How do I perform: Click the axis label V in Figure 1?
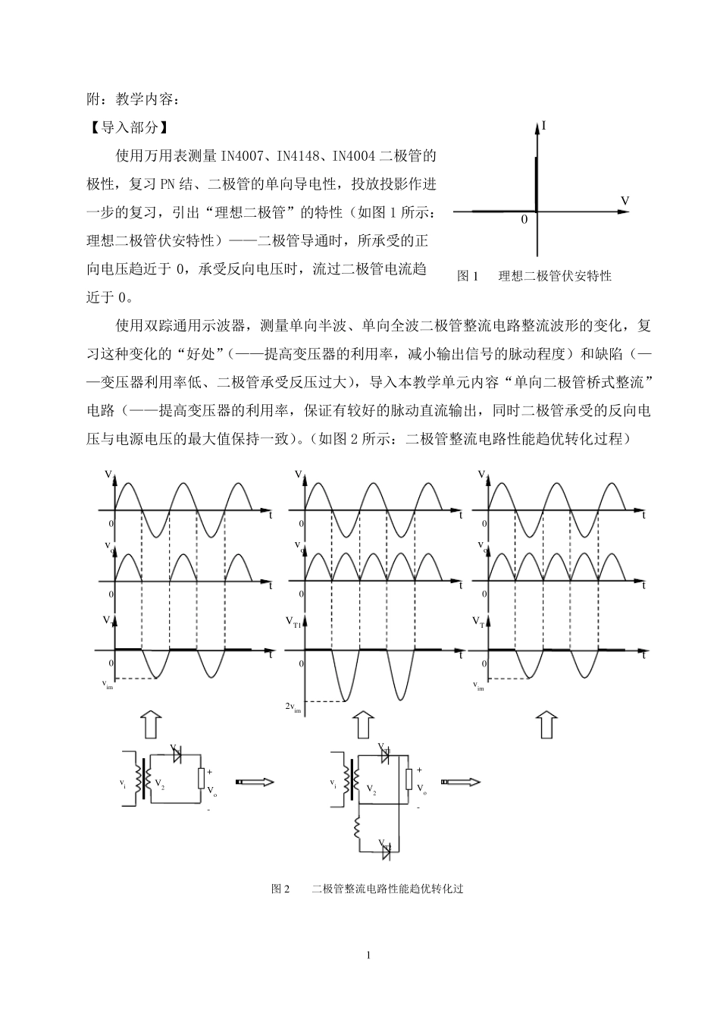click(x=625, y=200)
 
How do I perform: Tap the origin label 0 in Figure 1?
click(x=523, y=220)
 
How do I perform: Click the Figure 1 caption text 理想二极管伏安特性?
click(x=555, y=276)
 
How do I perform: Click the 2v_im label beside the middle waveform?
click(x=293, y=707)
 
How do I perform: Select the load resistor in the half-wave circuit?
click(x=202, y=778)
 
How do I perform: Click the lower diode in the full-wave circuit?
click(x=386, y=851)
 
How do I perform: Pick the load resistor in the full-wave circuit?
click(x=409, y=778)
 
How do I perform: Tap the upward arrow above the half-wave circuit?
click(x=151, y=724)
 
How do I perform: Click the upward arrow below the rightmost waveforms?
click(x=546, y=724)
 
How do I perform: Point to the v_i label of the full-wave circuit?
click(x=332, y=782)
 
